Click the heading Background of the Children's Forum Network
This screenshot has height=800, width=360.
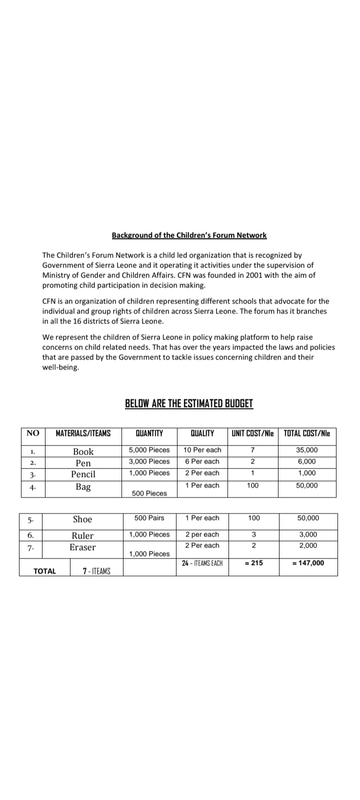(189, 235)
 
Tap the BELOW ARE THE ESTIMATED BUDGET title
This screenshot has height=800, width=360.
(189, 403)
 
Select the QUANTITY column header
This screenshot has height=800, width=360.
(149, 433)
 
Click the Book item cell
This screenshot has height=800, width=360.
(83, 451)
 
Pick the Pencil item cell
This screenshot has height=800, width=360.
(83, 474)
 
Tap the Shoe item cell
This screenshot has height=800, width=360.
(82, 519)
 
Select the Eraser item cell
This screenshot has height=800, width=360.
(82, 547)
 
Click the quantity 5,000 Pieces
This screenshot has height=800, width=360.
(149, 450)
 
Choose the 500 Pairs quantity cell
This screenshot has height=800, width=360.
(149, 518)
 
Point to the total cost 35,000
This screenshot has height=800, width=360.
(307, 450)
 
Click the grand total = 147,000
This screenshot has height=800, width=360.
(307, 563)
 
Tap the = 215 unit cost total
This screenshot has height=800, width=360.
(253, 563)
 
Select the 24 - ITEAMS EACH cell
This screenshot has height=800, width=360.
(202, 563)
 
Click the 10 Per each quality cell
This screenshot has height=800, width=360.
(202, 450)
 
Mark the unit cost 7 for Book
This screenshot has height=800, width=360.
(252, 450)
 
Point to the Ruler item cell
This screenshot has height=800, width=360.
(82, 535)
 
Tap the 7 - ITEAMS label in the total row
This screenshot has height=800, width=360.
(96, 571)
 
